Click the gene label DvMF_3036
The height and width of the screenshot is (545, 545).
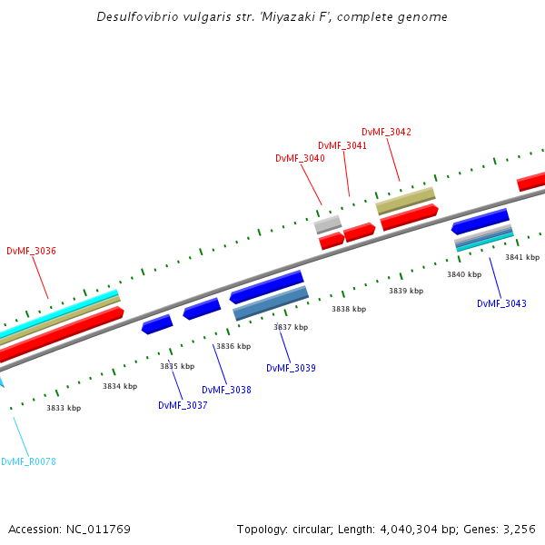[31, 251]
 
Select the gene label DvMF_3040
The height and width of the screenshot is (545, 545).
[300, 158]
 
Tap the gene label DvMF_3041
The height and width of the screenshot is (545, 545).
[342, 145]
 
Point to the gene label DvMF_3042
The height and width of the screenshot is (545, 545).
[386, 132]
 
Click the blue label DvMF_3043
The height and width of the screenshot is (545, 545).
[501, 303]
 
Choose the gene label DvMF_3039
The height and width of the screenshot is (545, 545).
[291, 368]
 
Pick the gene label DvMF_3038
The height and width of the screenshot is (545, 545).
[226, 390]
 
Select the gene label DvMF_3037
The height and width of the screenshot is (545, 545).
[183, 405]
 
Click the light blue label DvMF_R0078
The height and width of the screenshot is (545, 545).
[28, 461]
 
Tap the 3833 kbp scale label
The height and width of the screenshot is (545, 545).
[64, 408]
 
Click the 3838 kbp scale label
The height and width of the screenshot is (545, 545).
[349, 309]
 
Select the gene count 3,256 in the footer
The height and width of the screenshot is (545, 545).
[518, 529]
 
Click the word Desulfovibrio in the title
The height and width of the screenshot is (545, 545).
[136, 17]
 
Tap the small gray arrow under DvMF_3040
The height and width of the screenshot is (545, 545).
[328, 223]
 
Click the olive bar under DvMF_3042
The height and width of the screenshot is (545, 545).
[406, 201]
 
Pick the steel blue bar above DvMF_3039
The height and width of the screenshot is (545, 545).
[271, 303]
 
